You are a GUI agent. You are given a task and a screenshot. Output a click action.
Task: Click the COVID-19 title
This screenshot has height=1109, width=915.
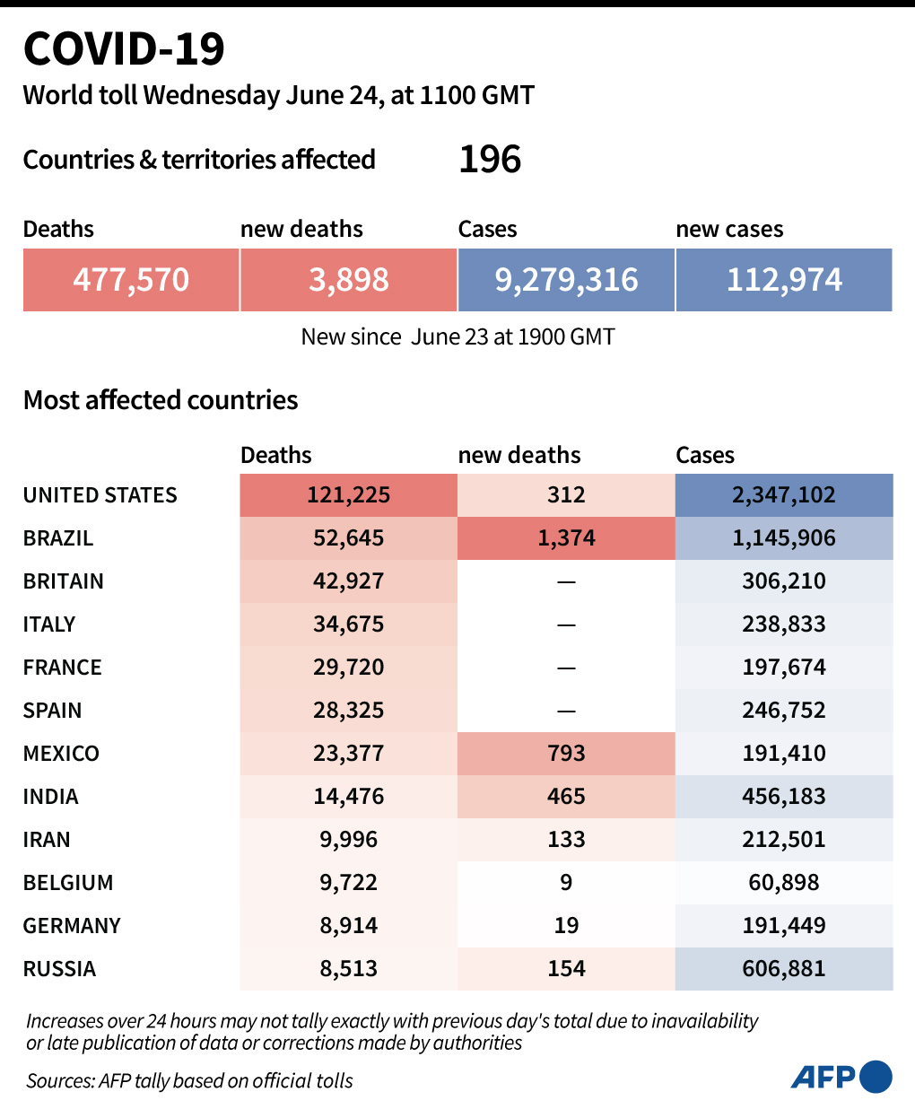tap(124, 48)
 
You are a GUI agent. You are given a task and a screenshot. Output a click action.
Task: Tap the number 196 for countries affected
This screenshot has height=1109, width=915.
tap(490, 160)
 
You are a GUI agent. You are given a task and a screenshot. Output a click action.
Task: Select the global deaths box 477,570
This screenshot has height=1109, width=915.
tap(131, 280)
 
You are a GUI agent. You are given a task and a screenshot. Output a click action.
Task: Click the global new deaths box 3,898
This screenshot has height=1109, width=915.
tap(349, 280)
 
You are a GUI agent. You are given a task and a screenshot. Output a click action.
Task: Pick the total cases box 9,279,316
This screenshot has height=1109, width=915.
tap(566, 280)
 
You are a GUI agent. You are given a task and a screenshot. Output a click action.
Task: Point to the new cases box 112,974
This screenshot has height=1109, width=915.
tap(784, 280)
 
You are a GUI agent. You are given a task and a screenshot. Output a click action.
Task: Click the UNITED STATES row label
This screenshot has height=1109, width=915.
tap(100, 495)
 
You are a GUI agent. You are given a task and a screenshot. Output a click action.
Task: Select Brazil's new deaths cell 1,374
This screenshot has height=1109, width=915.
tap(566, 538)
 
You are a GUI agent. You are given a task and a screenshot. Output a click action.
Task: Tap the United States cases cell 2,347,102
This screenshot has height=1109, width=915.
tap(784, 495)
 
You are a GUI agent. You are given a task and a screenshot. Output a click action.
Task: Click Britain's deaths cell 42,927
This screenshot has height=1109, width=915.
tap(349, 581)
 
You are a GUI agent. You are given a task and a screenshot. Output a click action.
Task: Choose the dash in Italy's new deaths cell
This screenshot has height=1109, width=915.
tap(566, 624)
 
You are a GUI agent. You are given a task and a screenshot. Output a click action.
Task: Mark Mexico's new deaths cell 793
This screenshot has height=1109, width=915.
tap(566, 754)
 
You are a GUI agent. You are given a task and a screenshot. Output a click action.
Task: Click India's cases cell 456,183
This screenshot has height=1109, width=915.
tap(784, 797)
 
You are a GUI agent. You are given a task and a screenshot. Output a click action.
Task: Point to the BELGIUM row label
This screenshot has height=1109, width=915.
tap(68, 883)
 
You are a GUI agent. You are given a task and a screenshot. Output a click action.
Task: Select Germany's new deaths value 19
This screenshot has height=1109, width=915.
tap(566, 926)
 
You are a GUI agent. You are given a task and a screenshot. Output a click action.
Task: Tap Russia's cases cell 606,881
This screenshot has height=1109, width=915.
tap(784, 969)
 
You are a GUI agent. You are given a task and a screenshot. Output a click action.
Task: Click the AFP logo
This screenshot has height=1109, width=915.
tap(841, 1077)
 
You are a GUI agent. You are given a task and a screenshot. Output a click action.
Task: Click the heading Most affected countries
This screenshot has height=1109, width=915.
tap(161, 400)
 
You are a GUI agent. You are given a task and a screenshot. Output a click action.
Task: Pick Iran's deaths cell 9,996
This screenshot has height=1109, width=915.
tap(349, 840)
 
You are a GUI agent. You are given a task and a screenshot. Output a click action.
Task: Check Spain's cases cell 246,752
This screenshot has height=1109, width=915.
tap(784, 711)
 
